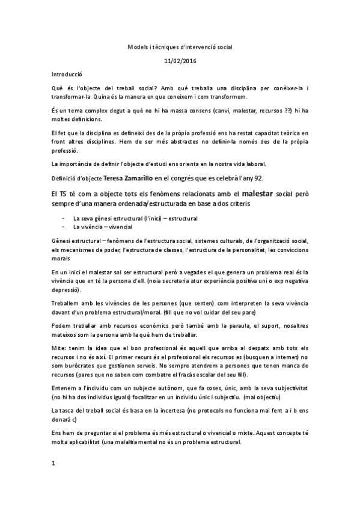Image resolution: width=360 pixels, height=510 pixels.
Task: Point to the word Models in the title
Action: pyautogui.click(x=138, y=46)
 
